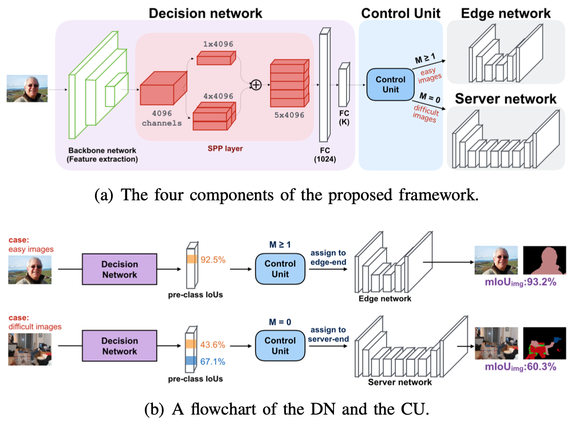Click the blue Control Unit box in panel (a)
(x=390, y=84)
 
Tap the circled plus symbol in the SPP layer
(x=256, y=85)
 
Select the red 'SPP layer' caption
(x=226, y=149)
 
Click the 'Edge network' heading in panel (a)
(x=506, y=13)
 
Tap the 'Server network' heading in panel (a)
(x=506, y=99)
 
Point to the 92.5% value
(x=213, y=259)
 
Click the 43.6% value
(x=213, y=345)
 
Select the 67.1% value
(x=213, y=362)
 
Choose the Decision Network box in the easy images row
(x=120, y=269)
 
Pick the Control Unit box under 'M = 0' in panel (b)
(x=280, y=346)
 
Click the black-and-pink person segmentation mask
(x=544, y=260)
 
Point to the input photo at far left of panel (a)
(x=27, y=89)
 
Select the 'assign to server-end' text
(x=328, y=334)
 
